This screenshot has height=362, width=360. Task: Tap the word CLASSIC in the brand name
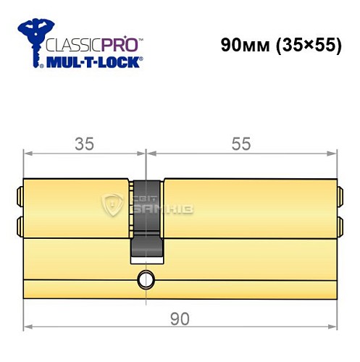(x=72, y=46)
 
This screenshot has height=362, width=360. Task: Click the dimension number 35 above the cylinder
(x=85, y=144)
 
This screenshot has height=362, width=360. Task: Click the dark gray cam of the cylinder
(x=147, y=217)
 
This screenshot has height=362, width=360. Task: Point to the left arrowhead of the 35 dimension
(x=28, y=153)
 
